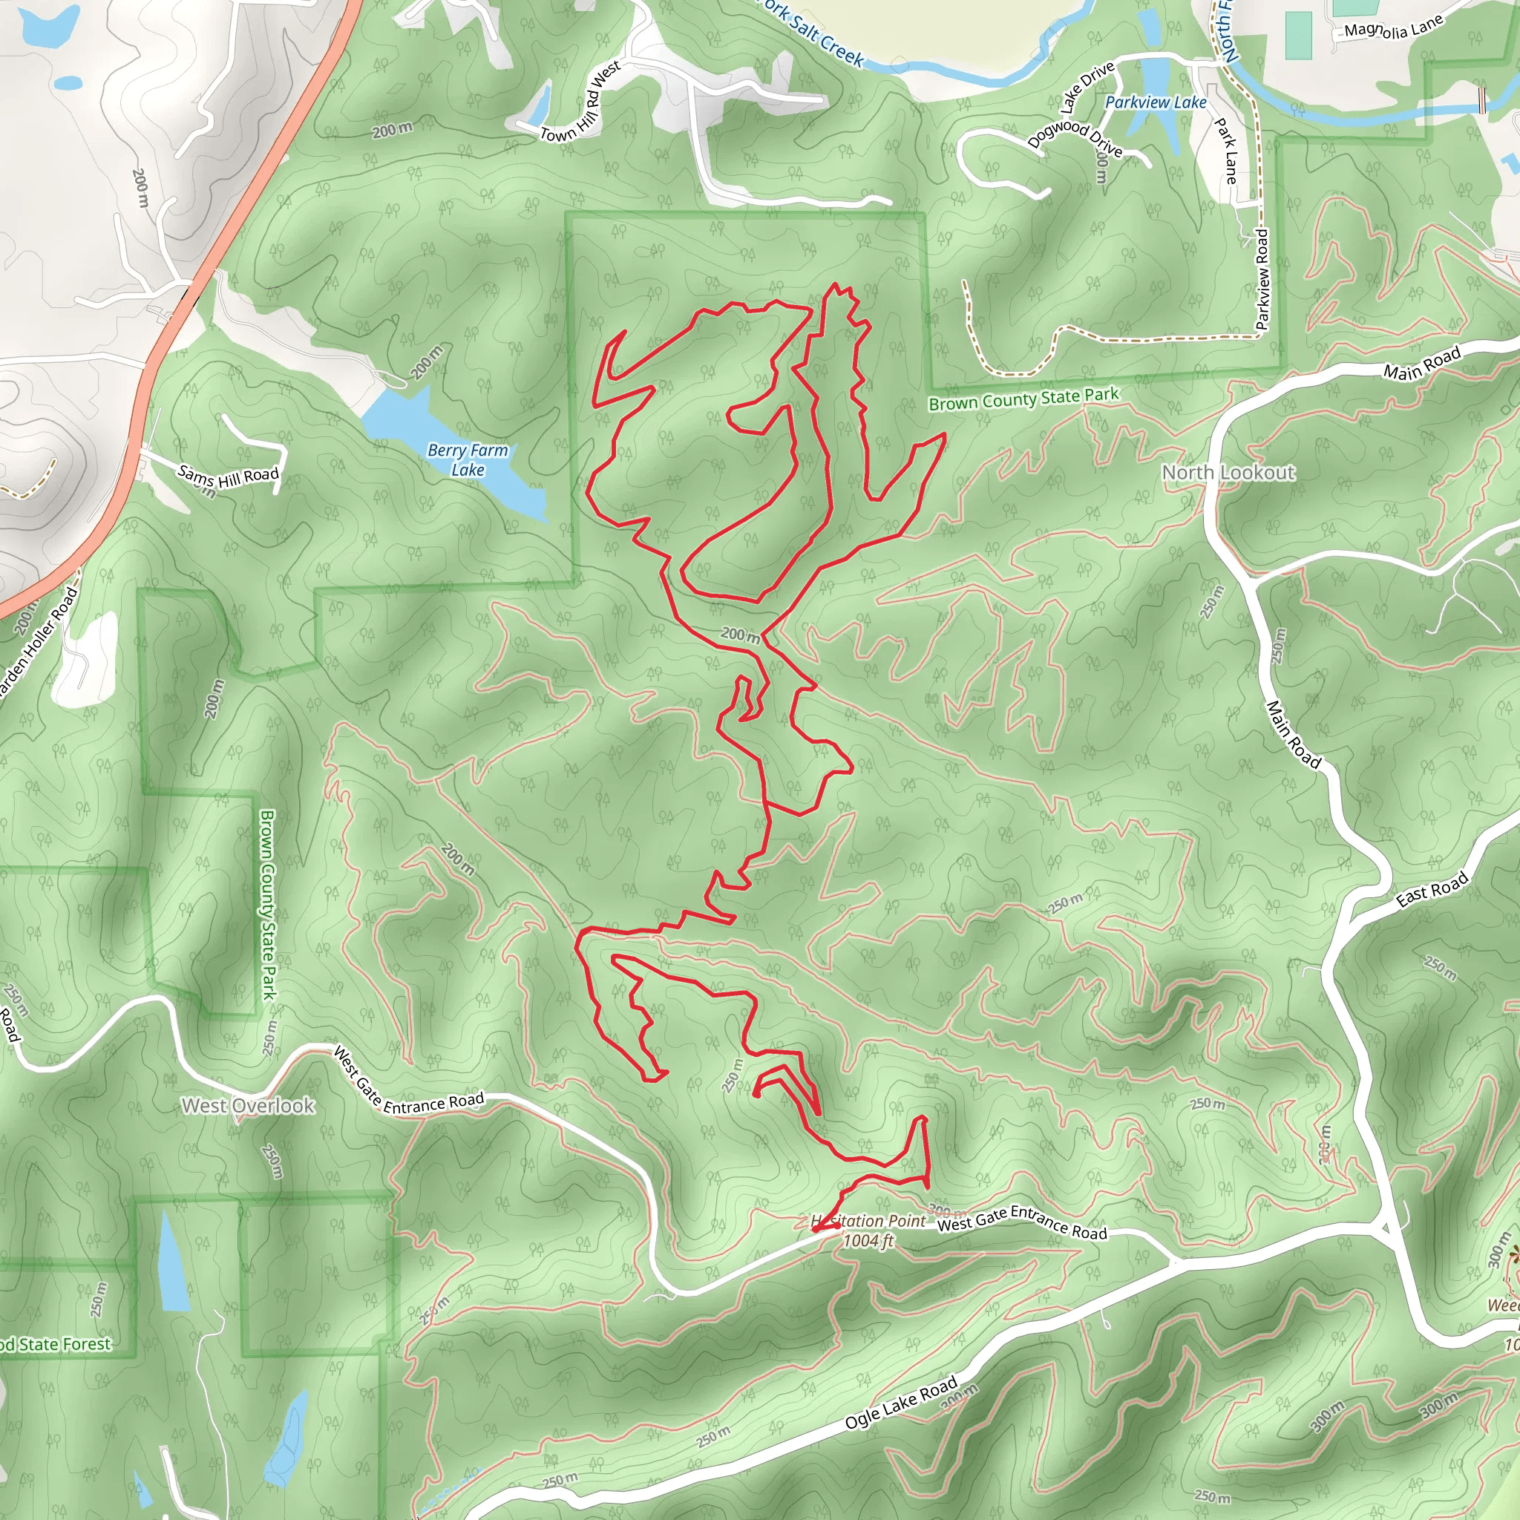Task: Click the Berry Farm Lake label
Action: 468,459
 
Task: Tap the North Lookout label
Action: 1228,472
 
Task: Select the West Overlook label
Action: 248,1105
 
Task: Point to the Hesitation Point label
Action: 868,1220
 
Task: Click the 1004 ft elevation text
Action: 868,1241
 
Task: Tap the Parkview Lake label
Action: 1155,102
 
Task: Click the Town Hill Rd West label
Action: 580,103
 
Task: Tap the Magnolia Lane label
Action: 1393,28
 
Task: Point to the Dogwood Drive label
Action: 1075,136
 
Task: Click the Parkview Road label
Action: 1262,278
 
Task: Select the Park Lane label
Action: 1226,151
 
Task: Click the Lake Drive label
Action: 1087,87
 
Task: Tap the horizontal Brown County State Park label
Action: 1023,398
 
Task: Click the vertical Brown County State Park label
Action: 267,905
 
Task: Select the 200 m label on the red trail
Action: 740,634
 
